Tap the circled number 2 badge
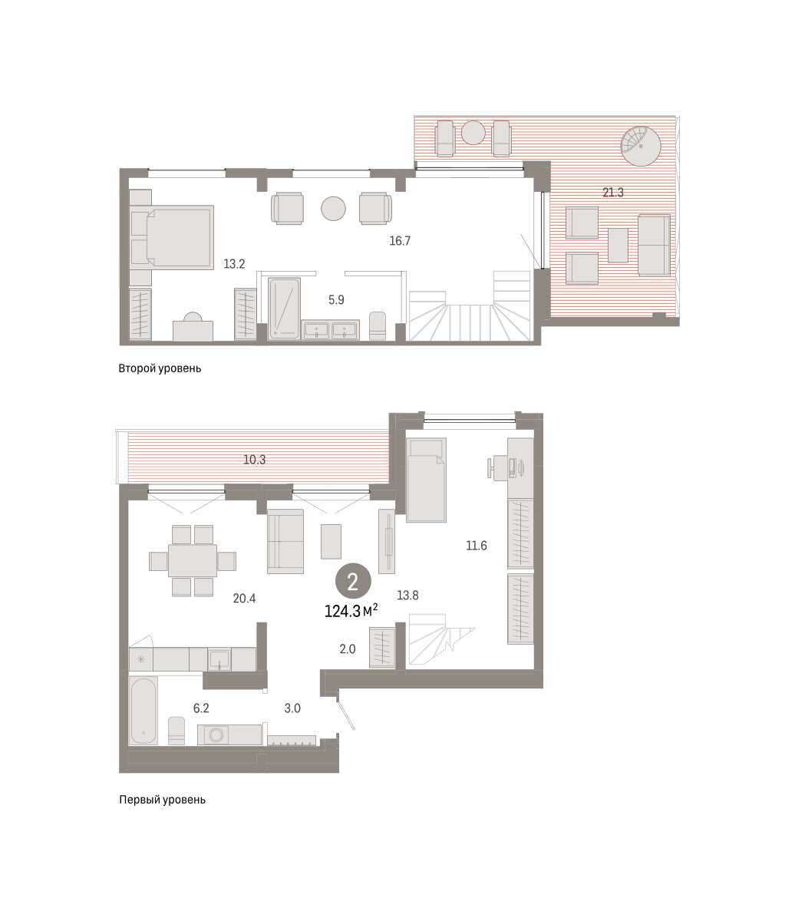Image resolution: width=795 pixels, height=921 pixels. tap(353, 581)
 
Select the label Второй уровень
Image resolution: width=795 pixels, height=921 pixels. tap(160, 368)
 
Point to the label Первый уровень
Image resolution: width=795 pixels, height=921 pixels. tap(162, 800)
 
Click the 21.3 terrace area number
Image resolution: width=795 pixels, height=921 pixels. tap(612, 193)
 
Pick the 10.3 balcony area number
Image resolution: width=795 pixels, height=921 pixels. tap(255, 460)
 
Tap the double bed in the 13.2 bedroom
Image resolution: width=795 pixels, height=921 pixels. tap(172, 237)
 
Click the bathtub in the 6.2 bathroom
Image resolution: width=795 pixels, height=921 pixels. tap(143, 711)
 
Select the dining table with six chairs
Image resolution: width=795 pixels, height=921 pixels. tap(193, 560)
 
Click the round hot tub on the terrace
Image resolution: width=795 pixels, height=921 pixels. tap(641, 146)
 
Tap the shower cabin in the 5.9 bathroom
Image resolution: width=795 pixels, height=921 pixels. tap(284, 309)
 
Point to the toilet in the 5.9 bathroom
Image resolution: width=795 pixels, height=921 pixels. tap(378, 325)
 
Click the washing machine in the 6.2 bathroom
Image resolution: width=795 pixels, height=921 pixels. tap(216, 734)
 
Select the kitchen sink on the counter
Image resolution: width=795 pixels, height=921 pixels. tap(219, 659)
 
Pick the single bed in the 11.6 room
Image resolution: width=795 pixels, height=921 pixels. tap(426, 480)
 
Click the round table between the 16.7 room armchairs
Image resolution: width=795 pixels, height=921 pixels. tap(333, 208)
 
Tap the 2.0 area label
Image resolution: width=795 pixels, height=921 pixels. tap(348, 649)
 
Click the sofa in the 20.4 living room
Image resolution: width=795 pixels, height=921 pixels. tap(285, 541)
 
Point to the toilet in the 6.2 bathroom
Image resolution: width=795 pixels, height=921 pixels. tap(176, 731)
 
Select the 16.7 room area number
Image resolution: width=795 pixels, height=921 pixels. tap(400, 241)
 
